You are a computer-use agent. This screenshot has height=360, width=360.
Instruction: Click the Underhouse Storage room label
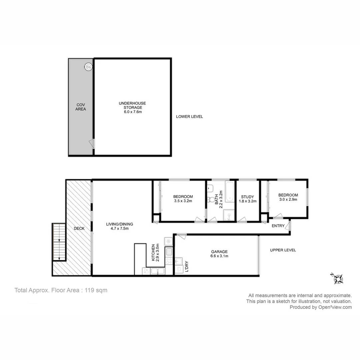(x=132, y=105)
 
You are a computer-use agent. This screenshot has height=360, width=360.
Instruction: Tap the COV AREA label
(x=81, y=107)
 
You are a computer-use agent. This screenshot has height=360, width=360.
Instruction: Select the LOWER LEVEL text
(x=189, y=117)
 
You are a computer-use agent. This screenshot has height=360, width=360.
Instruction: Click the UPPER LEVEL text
(x=283, y=250)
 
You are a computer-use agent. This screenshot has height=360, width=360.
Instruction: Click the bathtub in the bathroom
(x=230, y=192)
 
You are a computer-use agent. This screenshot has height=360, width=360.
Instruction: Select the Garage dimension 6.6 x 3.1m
(x=219, y=256)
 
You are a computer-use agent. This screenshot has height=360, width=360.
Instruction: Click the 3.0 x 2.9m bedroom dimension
(x=288, y=199)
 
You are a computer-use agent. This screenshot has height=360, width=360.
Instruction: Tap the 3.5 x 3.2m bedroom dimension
(x=183, y=201)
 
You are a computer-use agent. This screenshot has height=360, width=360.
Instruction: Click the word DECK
(x=79, y=229)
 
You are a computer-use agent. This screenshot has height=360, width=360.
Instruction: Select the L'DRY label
(x=186, y=266)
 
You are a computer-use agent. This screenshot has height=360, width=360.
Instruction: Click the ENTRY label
(x=278, y=226)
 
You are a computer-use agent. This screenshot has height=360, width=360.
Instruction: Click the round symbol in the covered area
(x=88, y=66)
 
